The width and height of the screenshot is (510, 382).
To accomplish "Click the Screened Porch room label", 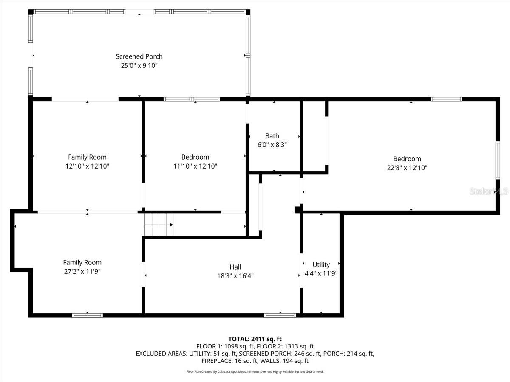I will pyautogui.click(x=139, y=56).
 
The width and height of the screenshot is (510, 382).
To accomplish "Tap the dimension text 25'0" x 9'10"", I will pyautogui.click(x=139, y=66).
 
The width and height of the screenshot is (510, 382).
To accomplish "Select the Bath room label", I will pyautogui.click(x=272, y=136).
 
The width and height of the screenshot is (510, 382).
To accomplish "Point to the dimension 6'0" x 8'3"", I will pyautogui.click(x=272, y=145).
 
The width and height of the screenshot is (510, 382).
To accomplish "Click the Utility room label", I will pyautogui.click(x=321, y=264).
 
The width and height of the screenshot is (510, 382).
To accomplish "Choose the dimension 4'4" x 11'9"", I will pyautogui.click(x=321, y=274).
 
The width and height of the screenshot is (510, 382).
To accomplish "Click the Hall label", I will pyautogui.click(x=235, y=267).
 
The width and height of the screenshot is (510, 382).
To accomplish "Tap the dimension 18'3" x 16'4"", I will pyautogui.click(x=235, y=276).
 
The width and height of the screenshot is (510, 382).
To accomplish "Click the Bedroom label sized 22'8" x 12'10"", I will pyautogui.click(x=407, y=159).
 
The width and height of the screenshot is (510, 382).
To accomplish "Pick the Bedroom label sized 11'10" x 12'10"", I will pyautogui.click(x=195, y=157).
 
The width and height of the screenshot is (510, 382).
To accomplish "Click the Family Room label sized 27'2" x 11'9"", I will pyautogui.click(x=82, y=262).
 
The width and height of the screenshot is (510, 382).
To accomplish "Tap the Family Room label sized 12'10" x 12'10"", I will pyautogui.click(x=87, y=157).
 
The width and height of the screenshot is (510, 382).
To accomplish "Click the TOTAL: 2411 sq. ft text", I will pyautogui.click(x=255, y=339).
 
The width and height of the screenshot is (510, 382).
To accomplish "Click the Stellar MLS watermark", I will pyautogui.click(x=488, y=191).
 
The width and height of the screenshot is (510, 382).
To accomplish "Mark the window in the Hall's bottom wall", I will pyautogui.click(x=280, y=315).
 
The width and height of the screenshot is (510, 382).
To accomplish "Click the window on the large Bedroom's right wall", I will pyautogui.click(x=497, y=160).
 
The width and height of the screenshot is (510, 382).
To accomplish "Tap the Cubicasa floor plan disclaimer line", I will pyautogui.click(x=255, y=371).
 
